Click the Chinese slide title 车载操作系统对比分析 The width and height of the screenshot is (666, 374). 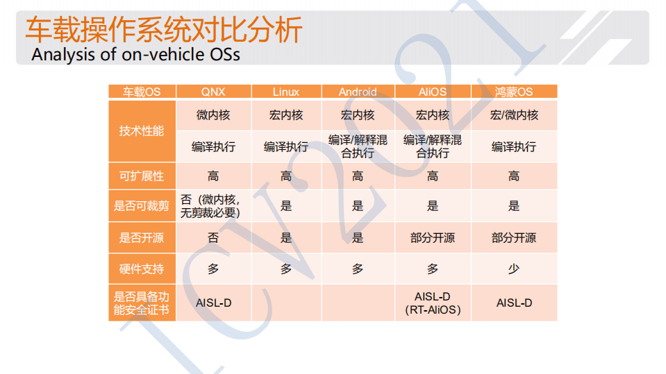tap(164, 31)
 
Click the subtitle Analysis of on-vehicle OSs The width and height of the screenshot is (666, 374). tap(136, 54)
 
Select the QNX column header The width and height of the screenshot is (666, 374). tap(213, 92)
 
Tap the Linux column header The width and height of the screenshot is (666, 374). tap(286, 92)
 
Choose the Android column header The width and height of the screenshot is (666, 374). tap(358, 92)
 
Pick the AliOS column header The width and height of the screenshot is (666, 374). tap(433, 92)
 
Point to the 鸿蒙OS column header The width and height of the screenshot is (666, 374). tap(514, 92)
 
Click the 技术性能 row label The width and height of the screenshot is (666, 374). tap(142, 131)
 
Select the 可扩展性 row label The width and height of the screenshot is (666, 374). tap(142, 176)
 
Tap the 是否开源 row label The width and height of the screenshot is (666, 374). tap(142, 238)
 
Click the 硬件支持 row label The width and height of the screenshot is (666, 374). tap(142, 269)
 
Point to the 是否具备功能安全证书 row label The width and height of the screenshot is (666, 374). tap(142, 303)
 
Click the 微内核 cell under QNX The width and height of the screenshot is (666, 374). tap(213, 115)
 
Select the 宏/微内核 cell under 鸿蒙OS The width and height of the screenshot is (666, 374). tap(514, 115)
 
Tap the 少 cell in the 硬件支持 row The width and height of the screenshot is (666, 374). tap(514, 269)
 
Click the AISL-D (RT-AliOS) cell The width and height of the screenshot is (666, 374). tap(433, 303)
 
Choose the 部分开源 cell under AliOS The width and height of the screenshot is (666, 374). tap(433, 238)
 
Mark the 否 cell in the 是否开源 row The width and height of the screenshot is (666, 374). tap(213, 238)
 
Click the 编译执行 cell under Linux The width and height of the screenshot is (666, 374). tap(286, 147)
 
